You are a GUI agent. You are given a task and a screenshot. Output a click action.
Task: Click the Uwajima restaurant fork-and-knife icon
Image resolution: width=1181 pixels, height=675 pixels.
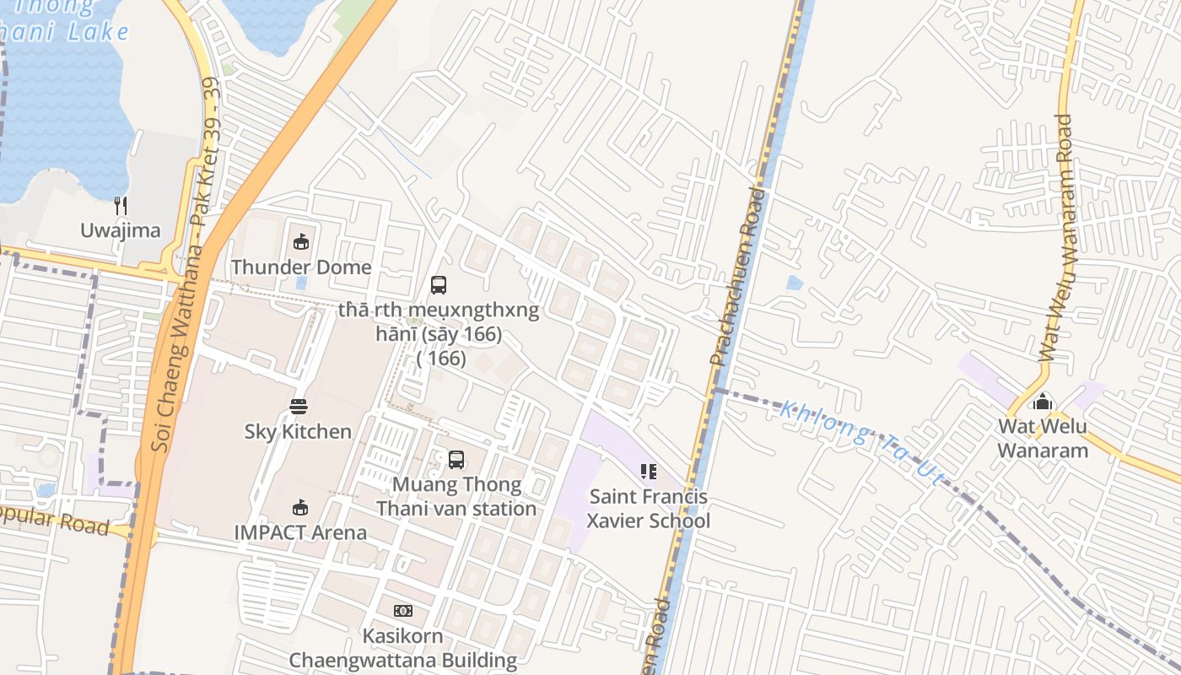121,205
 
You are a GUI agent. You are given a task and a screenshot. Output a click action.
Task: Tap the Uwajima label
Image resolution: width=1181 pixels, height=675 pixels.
121,230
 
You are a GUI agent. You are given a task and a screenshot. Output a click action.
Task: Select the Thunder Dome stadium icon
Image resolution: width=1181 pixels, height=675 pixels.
300,242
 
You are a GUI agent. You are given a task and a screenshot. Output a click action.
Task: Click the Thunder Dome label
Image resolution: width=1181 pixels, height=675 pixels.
301,267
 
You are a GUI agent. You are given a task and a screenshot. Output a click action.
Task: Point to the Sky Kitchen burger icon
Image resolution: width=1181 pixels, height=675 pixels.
298,407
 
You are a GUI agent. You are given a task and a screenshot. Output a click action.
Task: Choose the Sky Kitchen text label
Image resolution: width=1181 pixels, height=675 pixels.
298,431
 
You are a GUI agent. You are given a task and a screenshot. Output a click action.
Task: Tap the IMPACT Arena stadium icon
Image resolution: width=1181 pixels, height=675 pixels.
299,507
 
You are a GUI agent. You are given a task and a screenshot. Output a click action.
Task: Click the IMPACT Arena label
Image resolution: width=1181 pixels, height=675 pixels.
300,532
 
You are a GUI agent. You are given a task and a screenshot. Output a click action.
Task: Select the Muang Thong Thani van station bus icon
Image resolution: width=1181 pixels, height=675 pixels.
456,460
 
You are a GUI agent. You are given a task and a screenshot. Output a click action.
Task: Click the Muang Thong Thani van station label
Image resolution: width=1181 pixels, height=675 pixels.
456,497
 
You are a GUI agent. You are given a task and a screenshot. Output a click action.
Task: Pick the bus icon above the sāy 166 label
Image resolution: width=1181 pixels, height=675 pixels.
439,285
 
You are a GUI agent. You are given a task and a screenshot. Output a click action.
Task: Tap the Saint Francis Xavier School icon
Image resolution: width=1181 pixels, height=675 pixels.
649,471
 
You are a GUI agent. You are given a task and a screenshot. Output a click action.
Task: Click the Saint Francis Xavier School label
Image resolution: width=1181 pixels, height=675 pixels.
649,509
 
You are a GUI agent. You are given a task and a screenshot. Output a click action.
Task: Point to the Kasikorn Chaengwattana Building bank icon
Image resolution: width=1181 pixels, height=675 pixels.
403,610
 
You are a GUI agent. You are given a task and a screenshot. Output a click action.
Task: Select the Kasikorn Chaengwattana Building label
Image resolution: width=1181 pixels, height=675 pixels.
403,648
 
